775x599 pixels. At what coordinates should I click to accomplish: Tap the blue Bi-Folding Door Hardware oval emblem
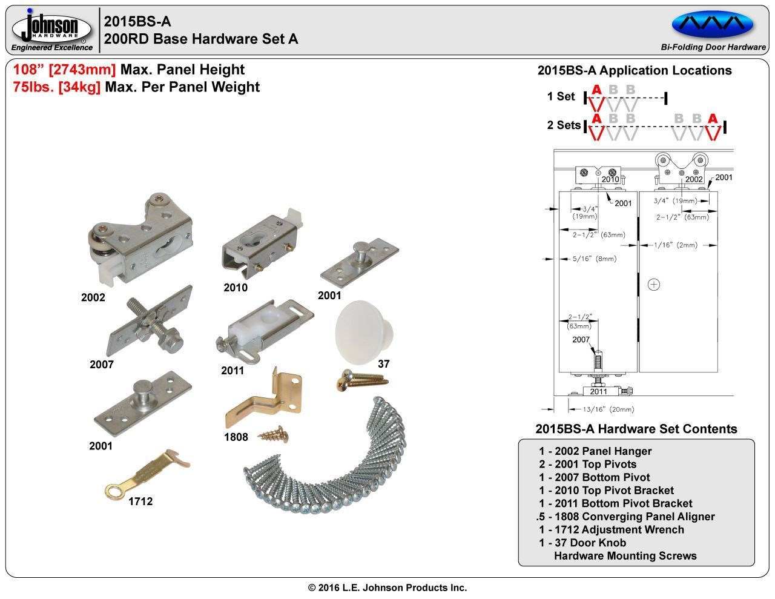click(x=713, y=24)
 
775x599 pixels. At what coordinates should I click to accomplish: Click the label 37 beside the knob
click(x=383, y=364)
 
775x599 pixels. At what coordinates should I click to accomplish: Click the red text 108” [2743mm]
click(x=64, y=70)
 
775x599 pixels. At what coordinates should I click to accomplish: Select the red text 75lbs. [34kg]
click(x=56, y=87)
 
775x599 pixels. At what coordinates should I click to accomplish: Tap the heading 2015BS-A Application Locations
click(x=635, y=70)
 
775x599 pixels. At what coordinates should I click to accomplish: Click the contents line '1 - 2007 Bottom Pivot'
click(x=594, y=477)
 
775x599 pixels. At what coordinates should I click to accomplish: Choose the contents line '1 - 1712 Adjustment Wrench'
click(x=612, y=529)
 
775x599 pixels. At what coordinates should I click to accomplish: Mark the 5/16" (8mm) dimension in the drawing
click(x=595, y=259)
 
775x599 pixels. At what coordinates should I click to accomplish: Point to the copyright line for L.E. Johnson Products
click(x=387, y=587)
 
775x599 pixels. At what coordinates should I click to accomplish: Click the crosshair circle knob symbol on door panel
click(x=654, y=284)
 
